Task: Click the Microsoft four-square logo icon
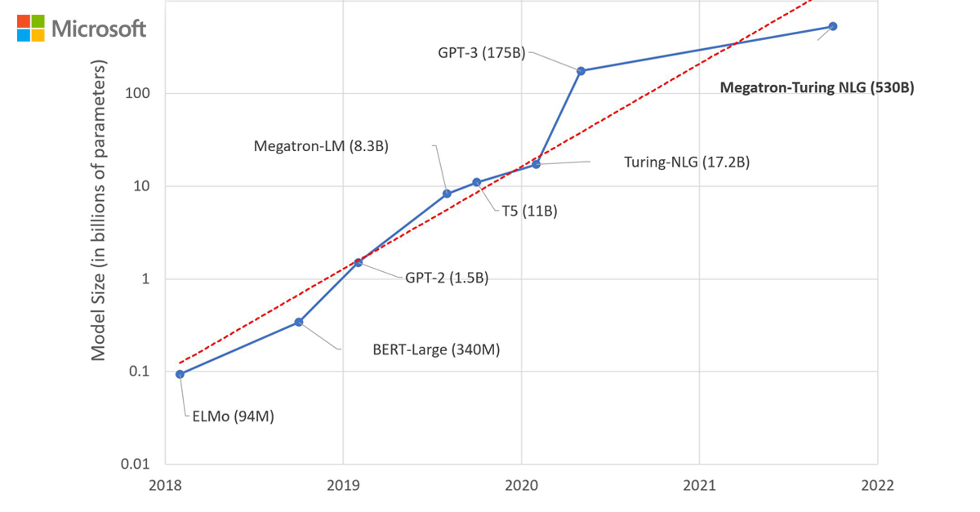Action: click(x=31, y=28)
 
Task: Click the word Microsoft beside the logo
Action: click(x=99, y=29)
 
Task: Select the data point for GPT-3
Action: click(x=581, y=71)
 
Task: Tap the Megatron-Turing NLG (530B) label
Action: click(x=816, y=88)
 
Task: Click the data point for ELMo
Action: click(x=180, y=374)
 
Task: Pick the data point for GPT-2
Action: click(x=358, y=262)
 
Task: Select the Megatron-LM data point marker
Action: click(x=447, y=194)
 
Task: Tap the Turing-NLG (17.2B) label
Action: click(x=686, y=163)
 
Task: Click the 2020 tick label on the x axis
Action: click(x=521, y=485)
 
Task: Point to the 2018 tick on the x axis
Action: click(x=165, y=485)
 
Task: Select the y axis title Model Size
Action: click(x=99, y=211)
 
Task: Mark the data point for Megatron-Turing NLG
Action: click(x=833, y=26)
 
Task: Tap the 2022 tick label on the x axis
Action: click(x=877, y=485)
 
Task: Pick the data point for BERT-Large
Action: click(x=299, y=322)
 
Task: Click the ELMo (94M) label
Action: click(x=233, y=416)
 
